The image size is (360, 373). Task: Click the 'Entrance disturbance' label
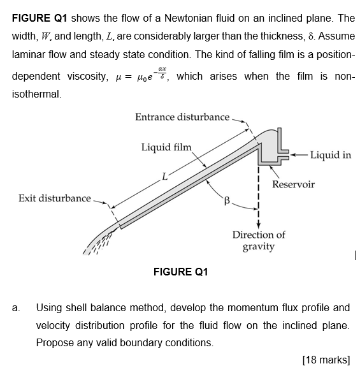(182, 117)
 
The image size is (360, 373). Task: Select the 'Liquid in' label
(330, 155)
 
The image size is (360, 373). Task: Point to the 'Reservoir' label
(293, 184)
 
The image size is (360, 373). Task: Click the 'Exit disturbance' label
(54, 198)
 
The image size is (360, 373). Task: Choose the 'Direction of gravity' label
(258, 240)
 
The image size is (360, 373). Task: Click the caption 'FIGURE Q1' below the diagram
(180, 272)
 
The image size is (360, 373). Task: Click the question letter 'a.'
(16, 308)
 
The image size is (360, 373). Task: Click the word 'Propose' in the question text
(55, 342)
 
